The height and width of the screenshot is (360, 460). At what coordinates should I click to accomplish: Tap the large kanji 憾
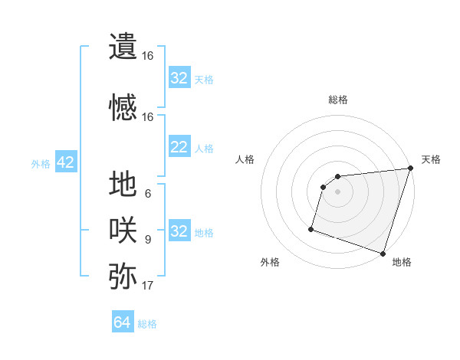(123, 107)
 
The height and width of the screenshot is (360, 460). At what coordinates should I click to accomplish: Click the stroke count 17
(148, 286)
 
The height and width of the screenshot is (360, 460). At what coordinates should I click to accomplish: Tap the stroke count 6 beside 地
(148, 194)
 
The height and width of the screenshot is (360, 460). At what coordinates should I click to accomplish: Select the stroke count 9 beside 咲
(148, 240)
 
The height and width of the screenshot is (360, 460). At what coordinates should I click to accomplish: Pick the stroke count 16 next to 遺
(148, 56)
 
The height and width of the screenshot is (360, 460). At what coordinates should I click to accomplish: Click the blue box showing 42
(65, 162)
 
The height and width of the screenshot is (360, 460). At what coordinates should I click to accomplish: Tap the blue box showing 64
(122, 323)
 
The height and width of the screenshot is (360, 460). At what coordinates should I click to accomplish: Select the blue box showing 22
(179, 147)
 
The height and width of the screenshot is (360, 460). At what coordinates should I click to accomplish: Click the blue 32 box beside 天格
(179, 78)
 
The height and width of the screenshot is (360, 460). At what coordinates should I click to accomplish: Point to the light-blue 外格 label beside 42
(41, 163)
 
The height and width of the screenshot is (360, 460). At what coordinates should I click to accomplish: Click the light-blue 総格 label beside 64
(147, 324)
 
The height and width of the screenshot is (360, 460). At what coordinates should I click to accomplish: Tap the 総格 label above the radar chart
(338, 100)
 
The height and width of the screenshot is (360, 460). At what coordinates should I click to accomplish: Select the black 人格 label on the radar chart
(245, 159)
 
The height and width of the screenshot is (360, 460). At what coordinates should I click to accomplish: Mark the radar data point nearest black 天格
(410, 169)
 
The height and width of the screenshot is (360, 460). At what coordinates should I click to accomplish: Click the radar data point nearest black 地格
(383, 253)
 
